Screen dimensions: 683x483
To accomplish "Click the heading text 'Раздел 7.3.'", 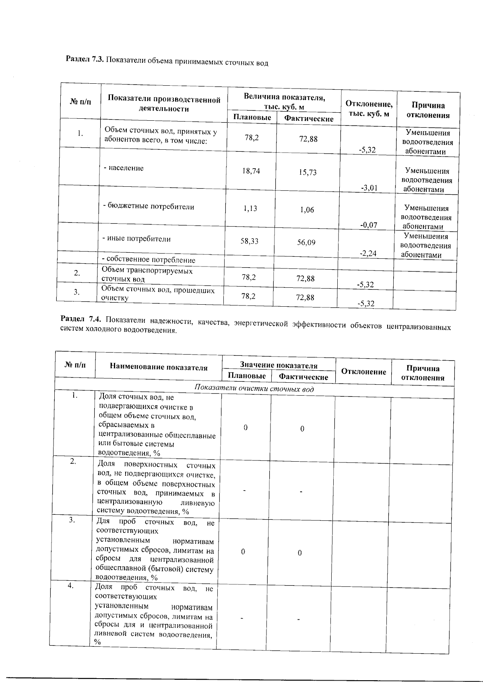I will click(x=85, y=59).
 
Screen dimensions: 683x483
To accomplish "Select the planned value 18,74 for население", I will click(x=251, y=171).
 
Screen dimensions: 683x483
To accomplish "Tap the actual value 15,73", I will click(x=308, y=172).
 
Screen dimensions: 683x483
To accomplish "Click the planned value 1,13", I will click(x=250, y=208).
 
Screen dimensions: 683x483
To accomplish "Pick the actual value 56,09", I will click(x=306, y=243).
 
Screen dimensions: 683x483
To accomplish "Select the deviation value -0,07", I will click(x=368, y=225).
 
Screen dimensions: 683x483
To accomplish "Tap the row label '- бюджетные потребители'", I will click(x=149, y=207).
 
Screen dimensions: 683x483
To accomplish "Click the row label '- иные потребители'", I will click(x=136, y=239).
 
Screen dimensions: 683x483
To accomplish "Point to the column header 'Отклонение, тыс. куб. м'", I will click(x=369, y=109).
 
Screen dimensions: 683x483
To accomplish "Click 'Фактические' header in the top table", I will click(x=309, y=119).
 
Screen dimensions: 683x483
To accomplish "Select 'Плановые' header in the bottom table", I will click(x=247, y=376).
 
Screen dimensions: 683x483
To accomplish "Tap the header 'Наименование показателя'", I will click(x=159, y=367).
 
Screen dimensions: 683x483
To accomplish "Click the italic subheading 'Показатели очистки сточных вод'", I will click(x=254, y=389).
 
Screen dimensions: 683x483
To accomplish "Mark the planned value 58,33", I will click(x=249, y=241).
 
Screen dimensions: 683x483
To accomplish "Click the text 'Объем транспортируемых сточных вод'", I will click(x=147, y=275).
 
